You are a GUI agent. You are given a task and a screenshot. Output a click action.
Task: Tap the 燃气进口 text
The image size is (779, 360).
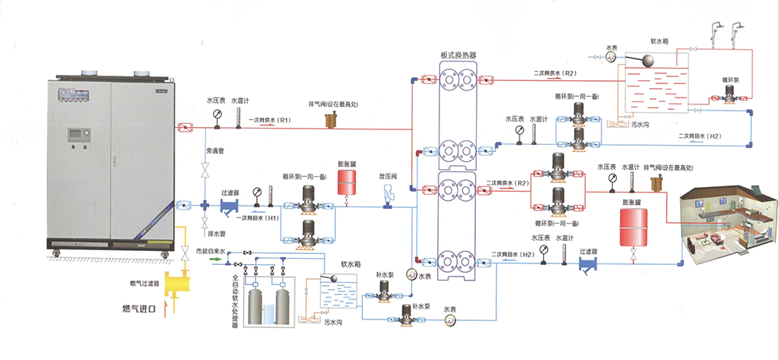[140, 310]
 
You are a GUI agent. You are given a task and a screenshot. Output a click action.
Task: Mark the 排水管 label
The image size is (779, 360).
[215, 232]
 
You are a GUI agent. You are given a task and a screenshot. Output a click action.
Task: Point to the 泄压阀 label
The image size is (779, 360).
[388, 176]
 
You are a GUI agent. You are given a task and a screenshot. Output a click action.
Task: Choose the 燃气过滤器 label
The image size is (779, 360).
[146, 284]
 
